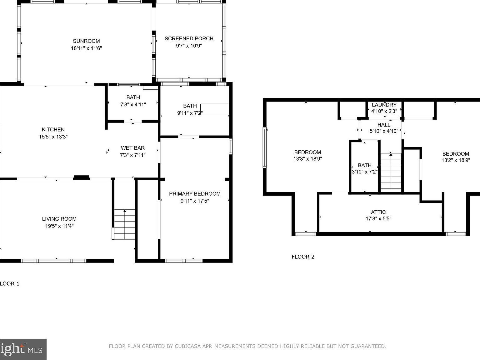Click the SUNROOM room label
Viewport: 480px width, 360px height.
[86, 41]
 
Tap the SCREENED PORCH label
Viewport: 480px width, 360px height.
[189, 38]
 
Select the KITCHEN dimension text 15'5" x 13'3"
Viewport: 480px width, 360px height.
[53, 137]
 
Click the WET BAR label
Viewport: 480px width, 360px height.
[133, 148]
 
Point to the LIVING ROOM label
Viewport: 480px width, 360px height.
[59, 219]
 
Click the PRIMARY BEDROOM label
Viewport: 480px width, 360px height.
[195, 194]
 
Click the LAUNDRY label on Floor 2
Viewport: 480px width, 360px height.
[384, 105]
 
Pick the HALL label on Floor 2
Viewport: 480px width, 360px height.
[384, 125]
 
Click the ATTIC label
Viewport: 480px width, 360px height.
[378, 212]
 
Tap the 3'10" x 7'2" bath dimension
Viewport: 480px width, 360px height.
[364, 172]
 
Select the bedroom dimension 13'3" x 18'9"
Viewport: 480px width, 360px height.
[307, 159]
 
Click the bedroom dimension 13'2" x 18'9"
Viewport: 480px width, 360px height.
[456, 160]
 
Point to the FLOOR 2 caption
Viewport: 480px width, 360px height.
[303, 257]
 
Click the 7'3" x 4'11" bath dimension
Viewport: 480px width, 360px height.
[133, 105]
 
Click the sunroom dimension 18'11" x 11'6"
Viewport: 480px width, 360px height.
[86, 48]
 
